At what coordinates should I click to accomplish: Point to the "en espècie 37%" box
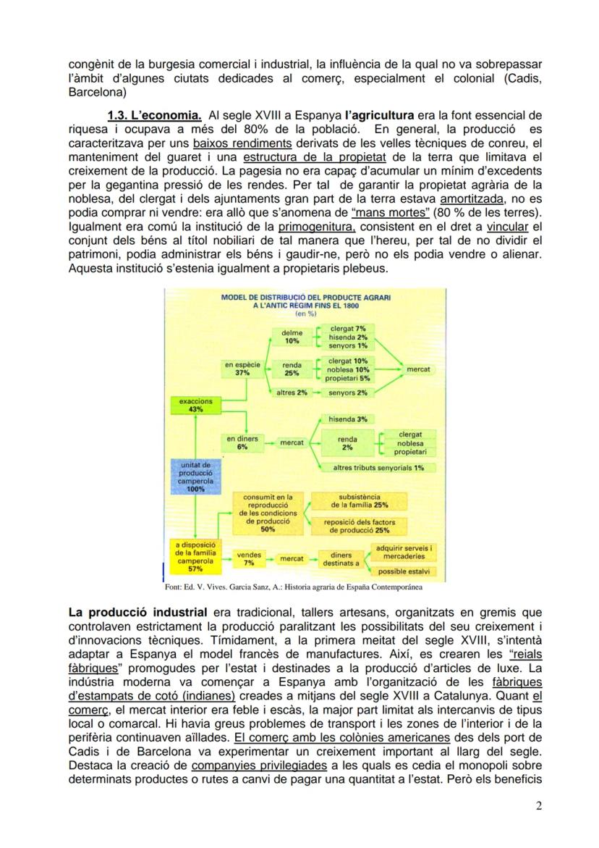pos(242,369)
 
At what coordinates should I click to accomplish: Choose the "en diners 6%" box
pos(242,442)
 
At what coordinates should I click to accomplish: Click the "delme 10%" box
pos(292,336)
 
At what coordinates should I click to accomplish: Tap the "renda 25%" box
pos(292,369)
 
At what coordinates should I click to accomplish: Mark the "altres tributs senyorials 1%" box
pos(378,468)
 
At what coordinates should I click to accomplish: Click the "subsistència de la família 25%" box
pos(357,501)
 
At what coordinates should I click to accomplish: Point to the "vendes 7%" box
pos(249,558)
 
